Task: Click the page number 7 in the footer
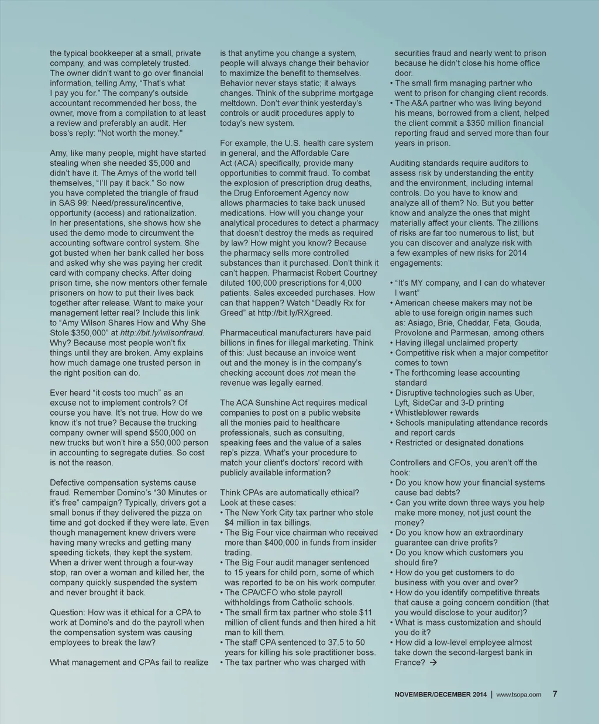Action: pyautogui.click(x=555, y=694)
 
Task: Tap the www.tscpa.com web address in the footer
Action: pyautogui.click(x=519, y=695)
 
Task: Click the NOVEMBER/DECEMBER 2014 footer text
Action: pyautogui.click(x=440, y=695)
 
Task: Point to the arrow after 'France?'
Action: pyautogui.click(x=433, y=663)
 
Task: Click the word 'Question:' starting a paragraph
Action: pyautogui.click(x=67, y=613)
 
